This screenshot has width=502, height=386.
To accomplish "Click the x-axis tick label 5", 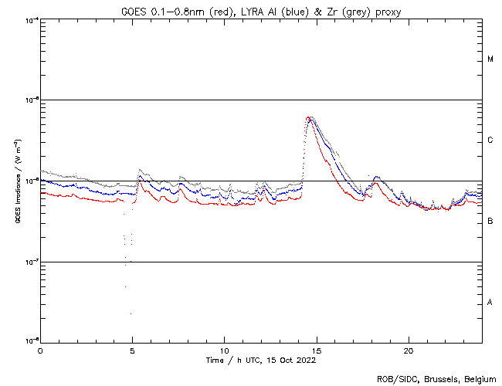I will (x=132, y=350).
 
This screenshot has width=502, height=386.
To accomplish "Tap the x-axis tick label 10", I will (x=224, y=350).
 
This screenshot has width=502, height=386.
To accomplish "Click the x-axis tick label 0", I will (x=40, y=350).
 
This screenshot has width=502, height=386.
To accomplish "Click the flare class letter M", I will (x=490, y=59).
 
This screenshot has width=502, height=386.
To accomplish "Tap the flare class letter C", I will (x=490, y=141).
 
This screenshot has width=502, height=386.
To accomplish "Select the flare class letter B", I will (x=490, y=222).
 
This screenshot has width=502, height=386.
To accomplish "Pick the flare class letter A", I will (x=490, y=303).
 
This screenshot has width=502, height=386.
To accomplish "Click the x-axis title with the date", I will (x=261, y=360).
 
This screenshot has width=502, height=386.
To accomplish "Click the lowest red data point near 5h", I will (x=131, y=313).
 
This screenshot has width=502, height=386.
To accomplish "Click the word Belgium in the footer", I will (x=477, y=378).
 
